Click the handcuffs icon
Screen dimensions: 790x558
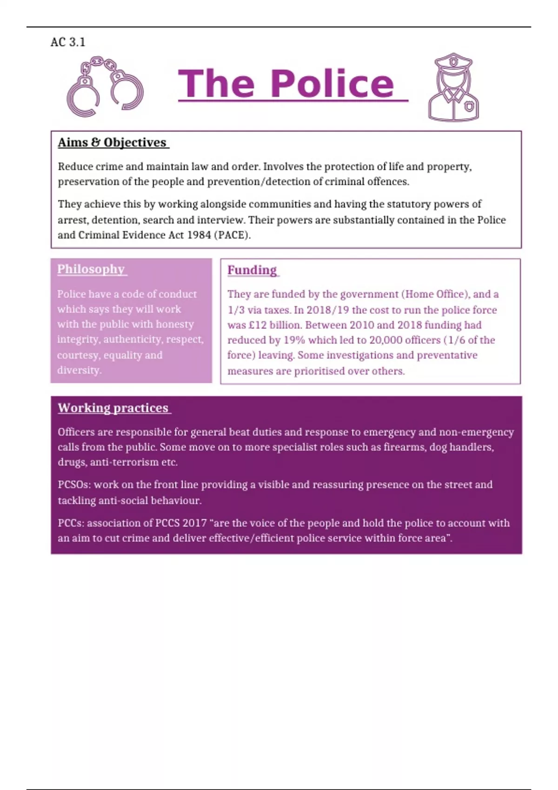click(105, 87)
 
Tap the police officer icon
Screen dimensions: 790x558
click(453, 88)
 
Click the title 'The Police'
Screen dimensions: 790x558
click(286, 84)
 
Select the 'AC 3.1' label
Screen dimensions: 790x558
click(68, 42)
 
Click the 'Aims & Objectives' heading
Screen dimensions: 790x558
click(112, 142)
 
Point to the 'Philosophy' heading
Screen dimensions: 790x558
click(91, 269)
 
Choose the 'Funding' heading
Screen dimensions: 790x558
click(252, 270)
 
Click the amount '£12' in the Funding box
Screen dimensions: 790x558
click(258, 325)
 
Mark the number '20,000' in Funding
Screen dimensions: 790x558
click(385, 340)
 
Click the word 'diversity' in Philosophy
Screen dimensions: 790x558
click(79, 370)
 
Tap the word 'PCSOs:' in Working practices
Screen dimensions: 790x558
click(74, 485)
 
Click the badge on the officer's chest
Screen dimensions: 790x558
click(470, 107)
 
